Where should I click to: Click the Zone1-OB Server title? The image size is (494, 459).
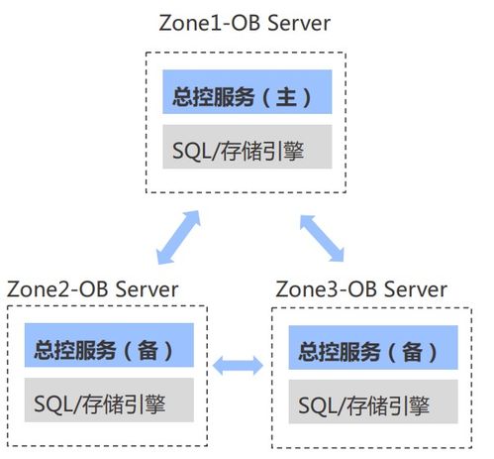(x=246, y=23)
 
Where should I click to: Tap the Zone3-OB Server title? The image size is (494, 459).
(x=360, y=289)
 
